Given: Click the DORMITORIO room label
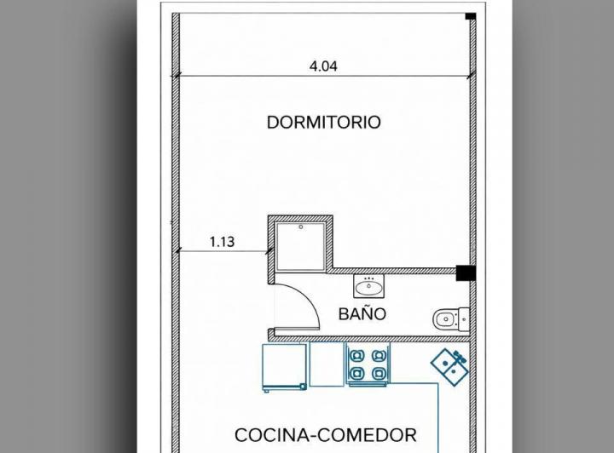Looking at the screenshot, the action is click(323, 123).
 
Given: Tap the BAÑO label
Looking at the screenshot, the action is click(362, 314).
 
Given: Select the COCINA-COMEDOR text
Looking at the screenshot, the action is click(326, 435).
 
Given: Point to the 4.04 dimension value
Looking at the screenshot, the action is click(323, 66).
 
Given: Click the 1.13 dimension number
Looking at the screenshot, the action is click(222, 242).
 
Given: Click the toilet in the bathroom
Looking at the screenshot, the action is click(451, 319).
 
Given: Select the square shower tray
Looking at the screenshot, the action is click(300, 246).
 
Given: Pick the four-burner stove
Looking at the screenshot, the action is click(368, 364).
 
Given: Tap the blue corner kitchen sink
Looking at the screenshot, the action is click(449, 367).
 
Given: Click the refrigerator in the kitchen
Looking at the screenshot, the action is click(284, 367).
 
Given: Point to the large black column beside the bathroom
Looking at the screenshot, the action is click(466, 272).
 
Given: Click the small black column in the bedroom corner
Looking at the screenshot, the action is click(470, 16).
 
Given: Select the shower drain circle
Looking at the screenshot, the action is click(301, 226).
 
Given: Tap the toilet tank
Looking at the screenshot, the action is click(464, 319).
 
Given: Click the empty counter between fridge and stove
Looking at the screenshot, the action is click(327, 364).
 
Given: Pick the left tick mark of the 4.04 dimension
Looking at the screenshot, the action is click(176, 76).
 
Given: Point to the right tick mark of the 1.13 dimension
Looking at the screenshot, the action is click(269, 251).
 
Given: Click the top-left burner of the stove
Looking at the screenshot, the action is click(356, 356).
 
